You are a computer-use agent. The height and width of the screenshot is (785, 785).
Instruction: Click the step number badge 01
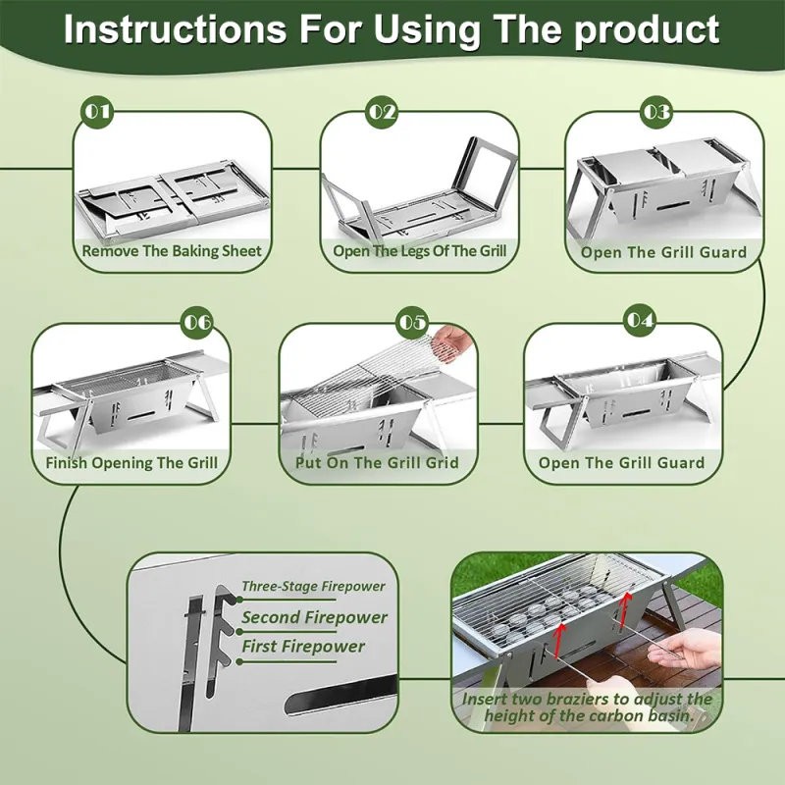[96, 111]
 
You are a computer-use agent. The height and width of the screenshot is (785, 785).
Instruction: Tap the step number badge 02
[383, 111]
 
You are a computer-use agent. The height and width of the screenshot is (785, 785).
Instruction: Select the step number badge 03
[656, 111]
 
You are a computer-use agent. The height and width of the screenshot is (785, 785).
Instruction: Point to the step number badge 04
[639, 321]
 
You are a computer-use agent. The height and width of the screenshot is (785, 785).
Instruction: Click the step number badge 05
[412, 321]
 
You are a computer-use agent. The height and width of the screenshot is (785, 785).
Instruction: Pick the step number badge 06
[197, 321]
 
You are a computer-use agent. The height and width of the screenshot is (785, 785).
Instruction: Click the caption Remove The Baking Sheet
[172, 251]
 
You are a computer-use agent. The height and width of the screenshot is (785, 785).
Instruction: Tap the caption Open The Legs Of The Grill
[419, 251]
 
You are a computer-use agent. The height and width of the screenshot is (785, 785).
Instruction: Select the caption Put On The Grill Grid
[377, 462]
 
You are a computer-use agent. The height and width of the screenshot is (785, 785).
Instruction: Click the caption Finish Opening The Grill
[131, 462]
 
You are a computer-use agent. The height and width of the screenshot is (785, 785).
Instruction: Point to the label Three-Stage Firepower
[313, 587]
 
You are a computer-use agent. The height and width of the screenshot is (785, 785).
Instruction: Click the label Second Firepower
[314, 617]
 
